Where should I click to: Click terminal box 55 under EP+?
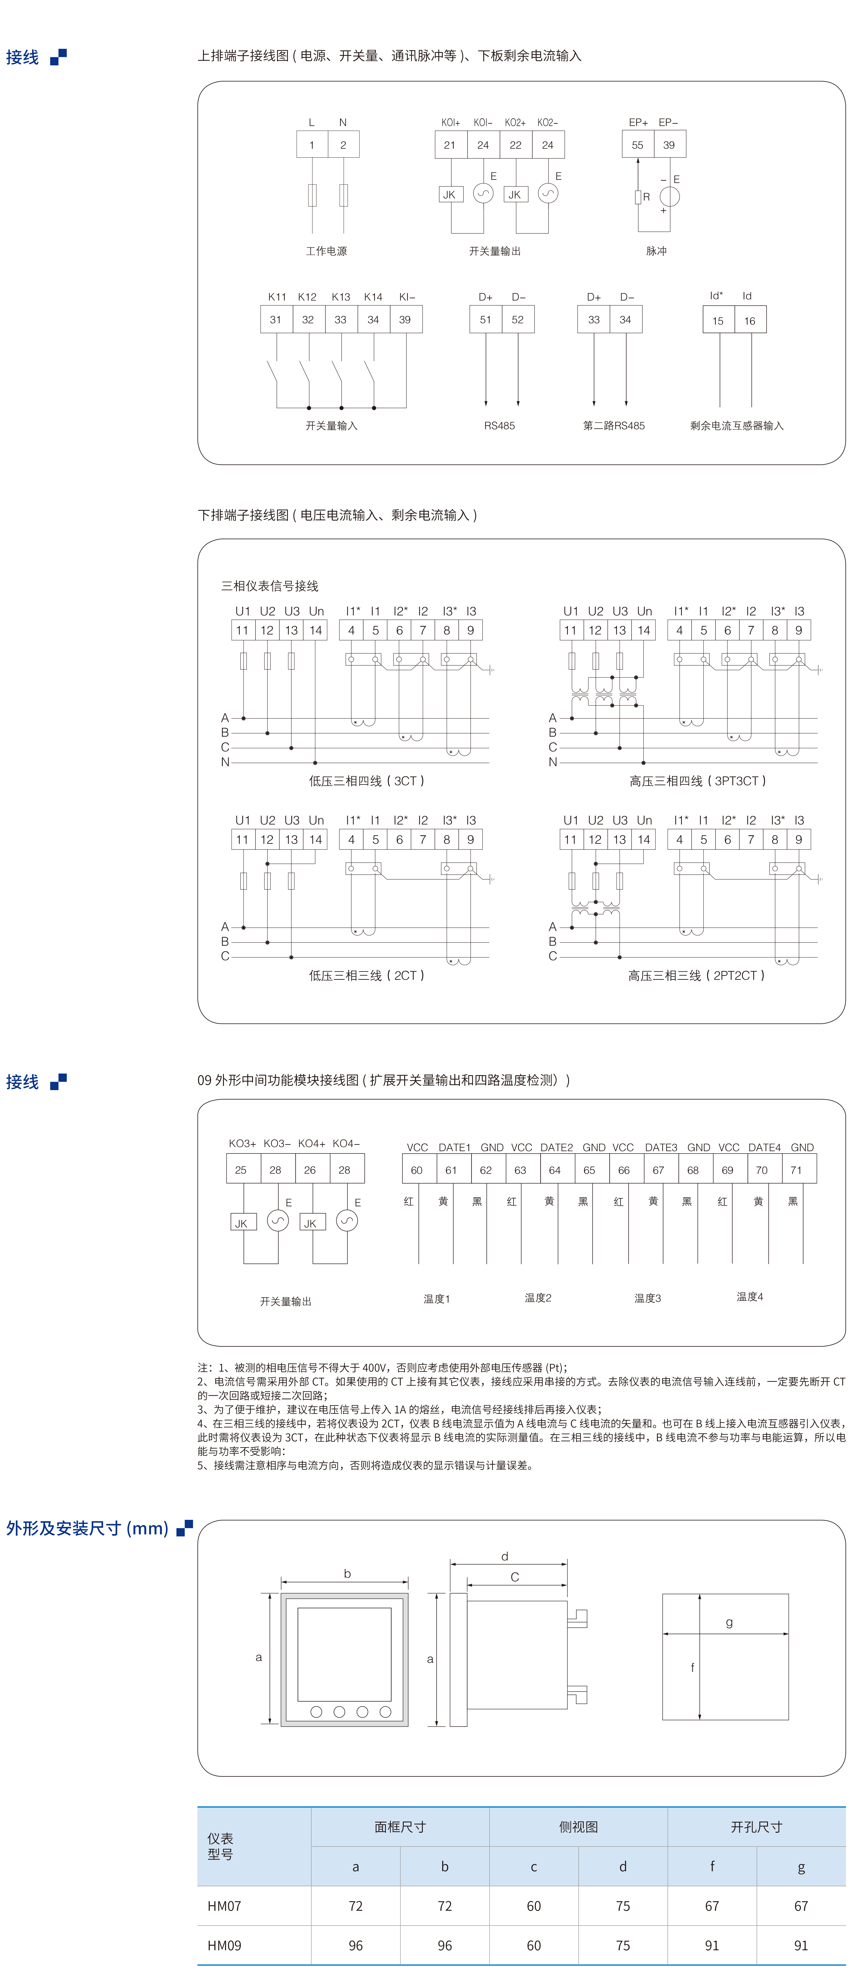pyautogui.click(x=638, y=145)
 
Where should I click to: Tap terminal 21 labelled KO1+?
pyautogui.click(x=451, y=145)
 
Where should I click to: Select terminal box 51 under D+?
pyautogui.click(x=486, y=320)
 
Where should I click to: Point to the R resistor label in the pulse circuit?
pyautogui.click(x=646, y=197)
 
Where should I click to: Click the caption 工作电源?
pyautogui.click(x=327, y=251)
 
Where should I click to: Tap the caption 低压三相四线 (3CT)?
pyautogui.click(x=366, y=781)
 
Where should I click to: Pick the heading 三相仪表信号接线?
pyautogui.click(x=270, y=586)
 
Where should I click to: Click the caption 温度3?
pyautogui.click(x=648, y=1298)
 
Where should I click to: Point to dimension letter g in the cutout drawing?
pyautogui.click(x=729, y=1623)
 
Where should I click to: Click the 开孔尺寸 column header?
pyautogui.click(x=756, y=1827)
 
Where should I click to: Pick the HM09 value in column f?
pyautogui.click(x=712, y=1945)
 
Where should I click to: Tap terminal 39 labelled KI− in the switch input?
pyautogui.click(x=405, y=320)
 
